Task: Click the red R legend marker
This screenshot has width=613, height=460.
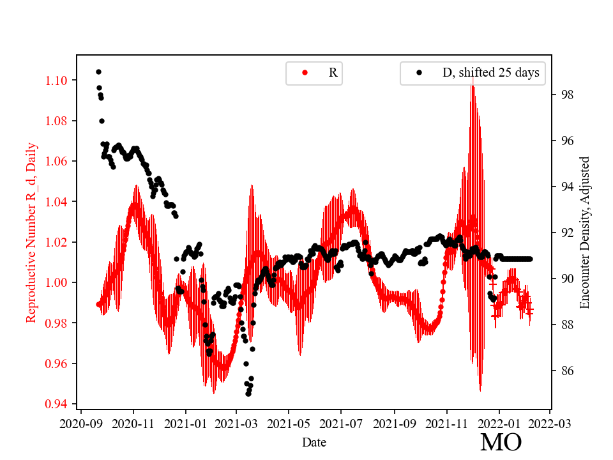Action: pos(305,73)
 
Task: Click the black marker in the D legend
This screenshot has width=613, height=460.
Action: pos(420,73)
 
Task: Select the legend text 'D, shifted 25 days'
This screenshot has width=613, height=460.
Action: pos(490,73)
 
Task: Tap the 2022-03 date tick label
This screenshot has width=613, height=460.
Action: pos(549,423)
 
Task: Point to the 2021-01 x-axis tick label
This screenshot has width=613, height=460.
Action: pos(186,423)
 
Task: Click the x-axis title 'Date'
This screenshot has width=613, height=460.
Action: pos(314,441)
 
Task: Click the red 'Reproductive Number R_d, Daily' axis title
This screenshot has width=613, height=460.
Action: pos(31,233)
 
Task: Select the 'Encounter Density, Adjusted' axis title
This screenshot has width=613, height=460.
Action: pos(584,233)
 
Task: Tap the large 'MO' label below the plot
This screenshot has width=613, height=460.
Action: pos(501,442)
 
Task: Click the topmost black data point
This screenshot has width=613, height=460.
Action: pos(98,72)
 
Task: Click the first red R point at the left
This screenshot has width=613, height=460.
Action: pos(98,304)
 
